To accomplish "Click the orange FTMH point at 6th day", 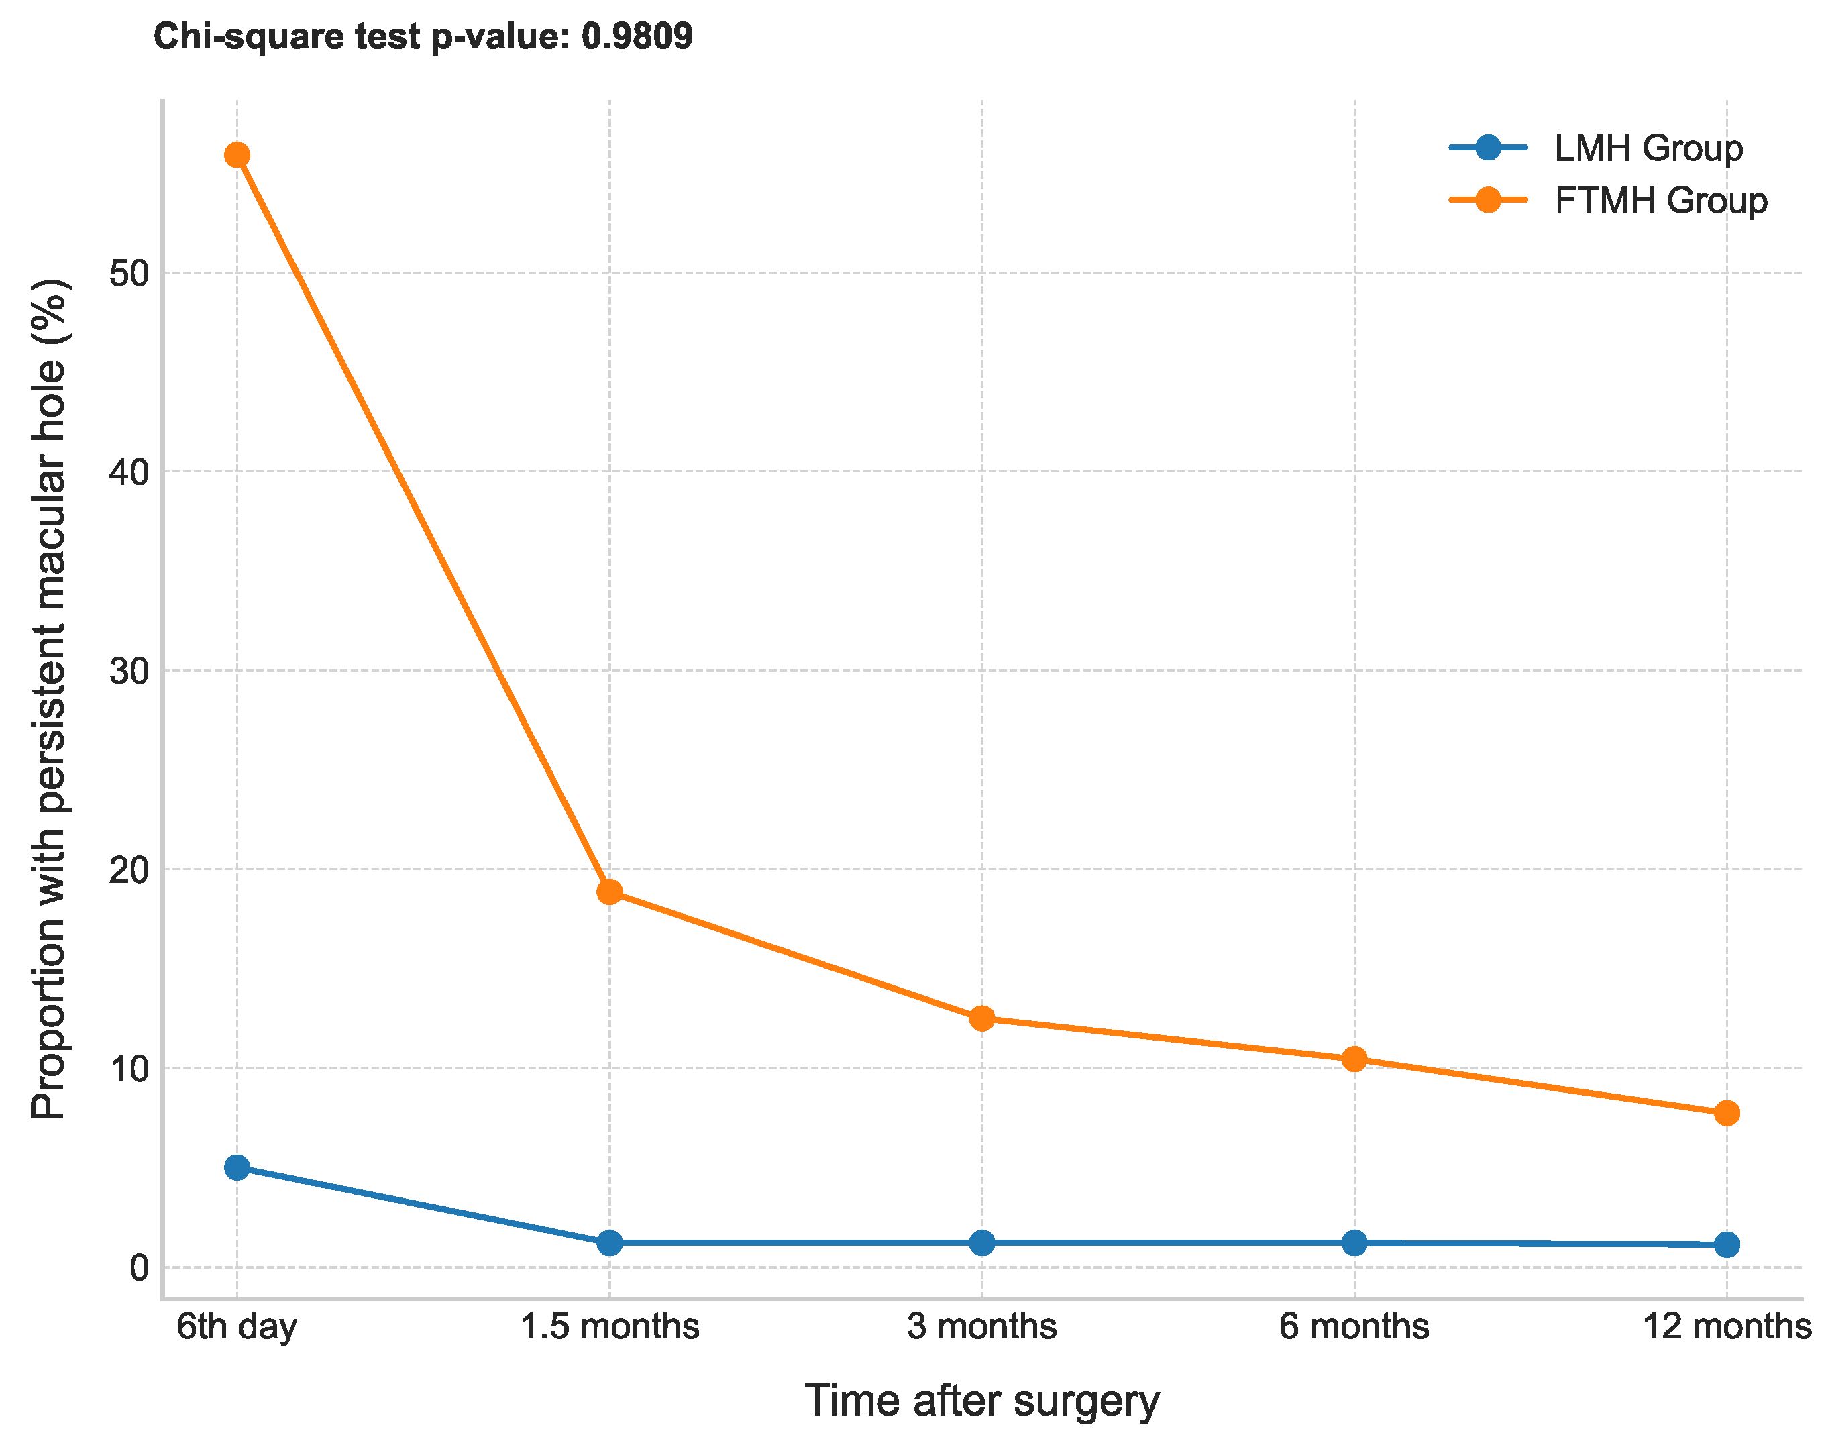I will (237, 155).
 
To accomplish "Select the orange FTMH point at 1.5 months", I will (609, 892).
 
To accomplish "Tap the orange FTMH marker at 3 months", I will (981, 1018).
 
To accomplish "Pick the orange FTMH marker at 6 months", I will (1354, 1060).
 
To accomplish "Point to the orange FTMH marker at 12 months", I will (1726, 1114).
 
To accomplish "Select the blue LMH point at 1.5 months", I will (609, 1242).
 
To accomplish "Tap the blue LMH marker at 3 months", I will (981, 1242).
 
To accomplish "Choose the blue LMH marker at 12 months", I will (1726, 1244).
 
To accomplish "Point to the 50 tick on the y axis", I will (129, 273).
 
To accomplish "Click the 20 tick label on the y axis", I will (129, 869).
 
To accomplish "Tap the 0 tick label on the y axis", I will (139, 1267).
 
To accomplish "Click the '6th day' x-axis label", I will (237, 1327).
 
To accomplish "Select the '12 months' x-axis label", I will (1726, 1327).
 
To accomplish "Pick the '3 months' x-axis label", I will (981, 1327).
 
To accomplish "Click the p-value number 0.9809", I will (637, 36).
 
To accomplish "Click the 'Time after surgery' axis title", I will (981, 1401).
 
